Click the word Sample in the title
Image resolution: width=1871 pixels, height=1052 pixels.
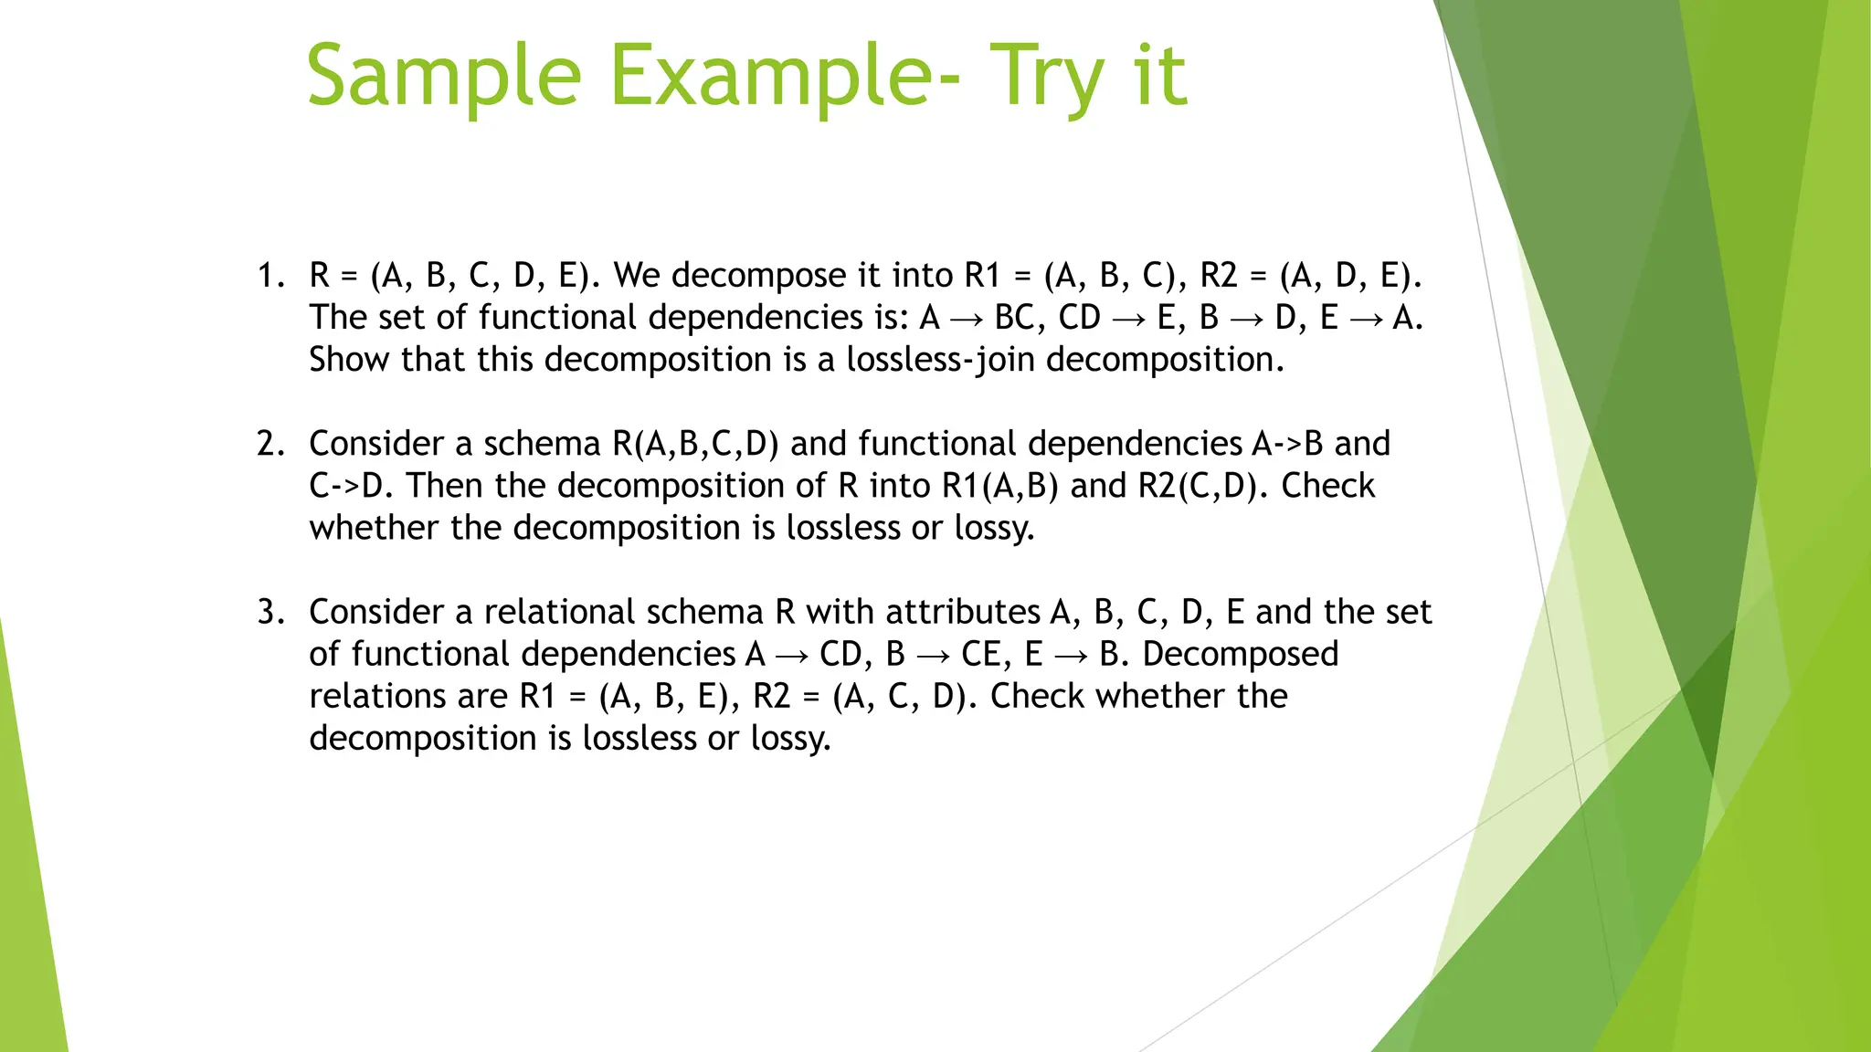(444, 77)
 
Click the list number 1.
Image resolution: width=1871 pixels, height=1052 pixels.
(270, 275)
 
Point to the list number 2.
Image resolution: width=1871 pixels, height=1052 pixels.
(270, 443)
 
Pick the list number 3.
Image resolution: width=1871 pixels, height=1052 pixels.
(270, 611)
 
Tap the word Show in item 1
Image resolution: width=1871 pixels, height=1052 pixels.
(350, 360)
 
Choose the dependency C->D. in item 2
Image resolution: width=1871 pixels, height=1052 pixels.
(352, 486)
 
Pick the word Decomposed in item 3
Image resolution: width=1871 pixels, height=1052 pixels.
(1241, 654)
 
